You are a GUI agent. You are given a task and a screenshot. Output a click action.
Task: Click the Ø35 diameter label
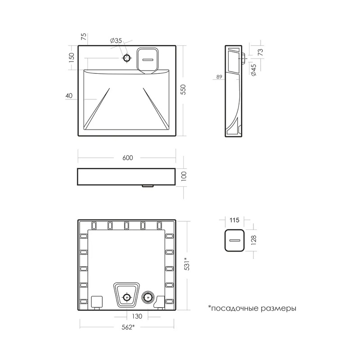point(116,41)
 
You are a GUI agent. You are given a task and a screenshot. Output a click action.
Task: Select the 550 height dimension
point(183,90)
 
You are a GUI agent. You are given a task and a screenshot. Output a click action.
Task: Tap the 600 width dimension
point(128,158)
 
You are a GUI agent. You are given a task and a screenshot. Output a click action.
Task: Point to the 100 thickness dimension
point(184,176)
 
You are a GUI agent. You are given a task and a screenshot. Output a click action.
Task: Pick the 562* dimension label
point(128,327)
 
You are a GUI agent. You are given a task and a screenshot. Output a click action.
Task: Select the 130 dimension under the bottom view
point(137,316)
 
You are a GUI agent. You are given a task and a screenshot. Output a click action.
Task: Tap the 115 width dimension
point(234,220)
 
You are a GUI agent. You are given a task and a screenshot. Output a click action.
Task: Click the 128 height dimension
point(253,240)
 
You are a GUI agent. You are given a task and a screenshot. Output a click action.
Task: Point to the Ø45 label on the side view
point(253,70)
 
